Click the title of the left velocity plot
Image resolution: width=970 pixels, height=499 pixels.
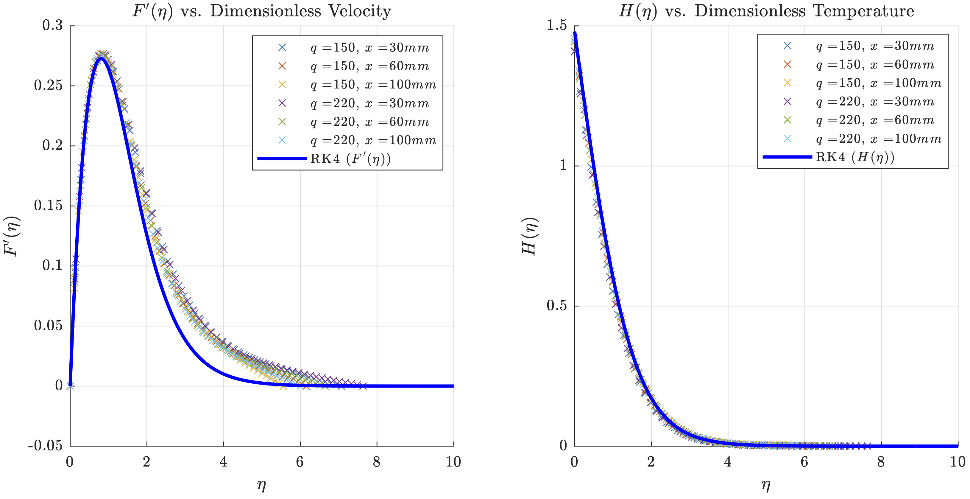[261, 10]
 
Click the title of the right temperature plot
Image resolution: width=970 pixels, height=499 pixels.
[766, 10]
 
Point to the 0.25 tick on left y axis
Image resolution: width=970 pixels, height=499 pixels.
[48, 86]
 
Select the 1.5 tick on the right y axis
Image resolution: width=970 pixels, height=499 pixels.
[556, 25]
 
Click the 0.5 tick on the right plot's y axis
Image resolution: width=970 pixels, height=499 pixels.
[556, 306]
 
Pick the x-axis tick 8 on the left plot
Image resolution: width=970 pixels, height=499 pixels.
[377, 462]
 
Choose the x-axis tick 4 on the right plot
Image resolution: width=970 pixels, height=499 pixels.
[728, 462]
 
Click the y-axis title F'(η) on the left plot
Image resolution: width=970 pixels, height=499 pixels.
[12, 236]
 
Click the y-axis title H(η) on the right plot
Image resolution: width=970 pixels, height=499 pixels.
[530, 236]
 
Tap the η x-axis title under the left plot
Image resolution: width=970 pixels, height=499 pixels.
[261, 485]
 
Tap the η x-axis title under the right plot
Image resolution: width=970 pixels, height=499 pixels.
[765, 485]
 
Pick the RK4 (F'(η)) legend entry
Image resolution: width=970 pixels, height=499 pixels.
[350, 159]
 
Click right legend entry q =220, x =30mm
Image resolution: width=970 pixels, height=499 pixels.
[875, 101]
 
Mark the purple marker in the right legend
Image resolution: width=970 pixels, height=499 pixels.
[787, 101]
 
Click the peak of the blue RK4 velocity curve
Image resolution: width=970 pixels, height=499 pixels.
[101, 58]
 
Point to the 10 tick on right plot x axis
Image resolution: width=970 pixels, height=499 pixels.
[957, 462]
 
